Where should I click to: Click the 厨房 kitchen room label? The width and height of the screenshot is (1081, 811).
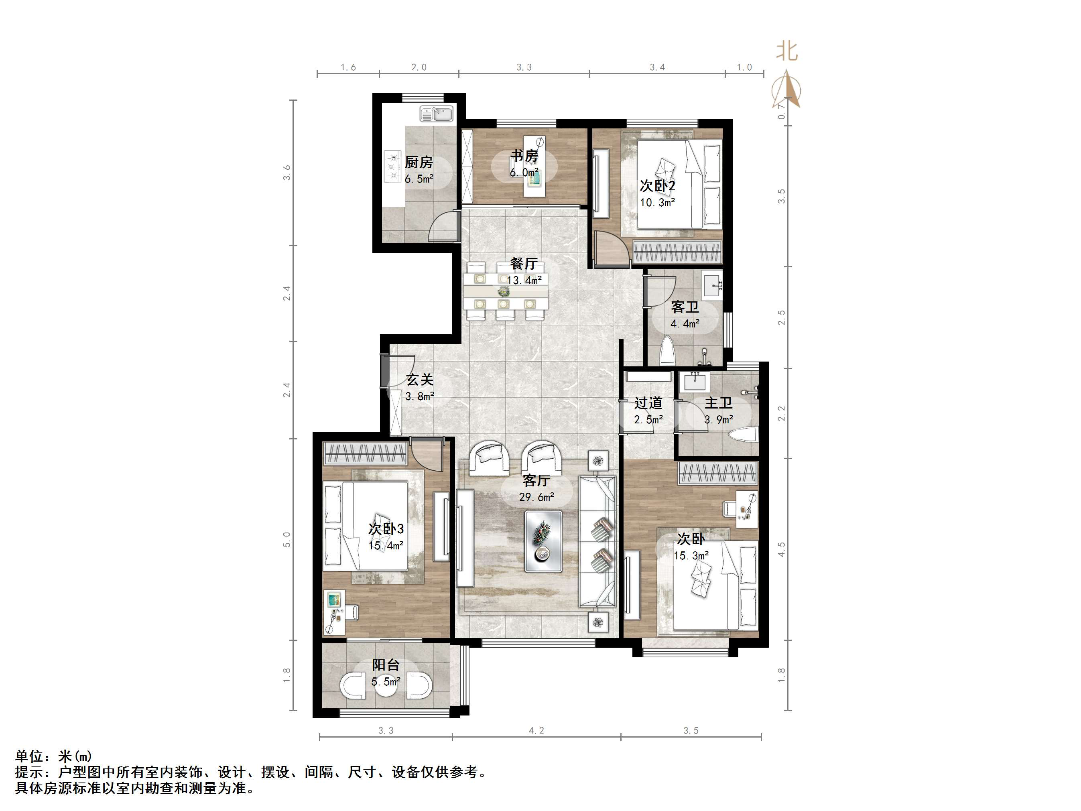tap(419, 162)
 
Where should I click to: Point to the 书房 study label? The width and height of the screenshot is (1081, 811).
tap(524, 156)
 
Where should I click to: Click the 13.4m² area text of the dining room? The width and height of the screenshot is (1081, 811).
tap(524, 280)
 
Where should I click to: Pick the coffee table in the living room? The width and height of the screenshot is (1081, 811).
tap(543, 541)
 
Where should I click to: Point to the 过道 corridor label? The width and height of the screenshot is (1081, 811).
tap(648, 403)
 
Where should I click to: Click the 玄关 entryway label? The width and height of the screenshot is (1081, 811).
tap(420, 380)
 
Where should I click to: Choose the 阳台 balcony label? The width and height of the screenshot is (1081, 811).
tap(386, 665)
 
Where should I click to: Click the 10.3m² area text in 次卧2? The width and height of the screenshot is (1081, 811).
tap(658, 202)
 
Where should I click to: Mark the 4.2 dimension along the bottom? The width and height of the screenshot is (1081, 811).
tap(536, 731)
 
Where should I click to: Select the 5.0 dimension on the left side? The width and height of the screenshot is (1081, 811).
tap(287, 540)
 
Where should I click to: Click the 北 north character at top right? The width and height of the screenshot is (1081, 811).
tap(787, 52)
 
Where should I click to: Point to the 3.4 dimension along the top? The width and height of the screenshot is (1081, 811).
tap(657, 67)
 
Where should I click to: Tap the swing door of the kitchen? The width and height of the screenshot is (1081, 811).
tap(444, 226)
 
